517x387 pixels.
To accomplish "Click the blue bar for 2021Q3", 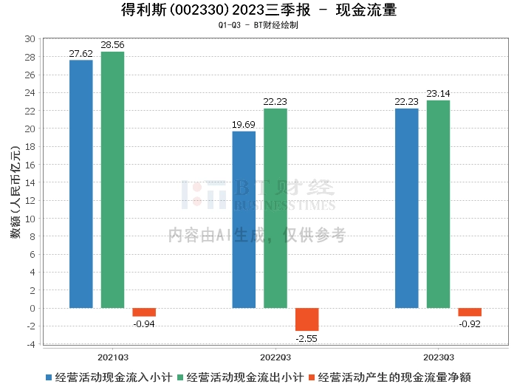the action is [81, 184].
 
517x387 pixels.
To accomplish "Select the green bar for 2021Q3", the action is [112, 180].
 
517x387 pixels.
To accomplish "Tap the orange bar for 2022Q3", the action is [307, 320].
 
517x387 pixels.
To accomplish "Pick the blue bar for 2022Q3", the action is [244, 220].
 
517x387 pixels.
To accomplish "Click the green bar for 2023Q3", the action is [438, 205].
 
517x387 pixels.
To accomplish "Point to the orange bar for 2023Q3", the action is [470, 312].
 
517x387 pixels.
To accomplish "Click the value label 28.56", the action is [112, 45].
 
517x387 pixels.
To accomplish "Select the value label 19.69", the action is [244, 125].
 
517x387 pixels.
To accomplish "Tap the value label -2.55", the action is [307, 338].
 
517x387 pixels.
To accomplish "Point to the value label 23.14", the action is [438, 94].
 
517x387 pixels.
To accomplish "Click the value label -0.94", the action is [144, 324].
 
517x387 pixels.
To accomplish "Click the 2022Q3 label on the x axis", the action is [275, 357].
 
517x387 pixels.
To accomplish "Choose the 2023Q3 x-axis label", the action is [439, 357].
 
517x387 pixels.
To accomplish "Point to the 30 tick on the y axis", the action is [30, 39].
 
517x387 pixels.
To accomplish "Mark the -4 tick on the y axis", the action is [31, 344].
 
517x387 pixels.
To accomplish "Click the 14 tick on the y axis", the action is [30, 182].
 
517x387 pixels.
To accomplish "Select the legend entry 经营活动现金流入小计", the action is [109, 377].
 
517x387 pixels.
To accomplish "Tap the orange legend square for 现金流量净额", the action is [312, 377].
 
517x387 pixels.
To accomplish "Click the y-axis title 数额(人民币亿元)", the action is [16, 191].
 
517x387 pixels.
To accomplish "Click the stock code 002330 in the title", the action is [200, 10].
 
